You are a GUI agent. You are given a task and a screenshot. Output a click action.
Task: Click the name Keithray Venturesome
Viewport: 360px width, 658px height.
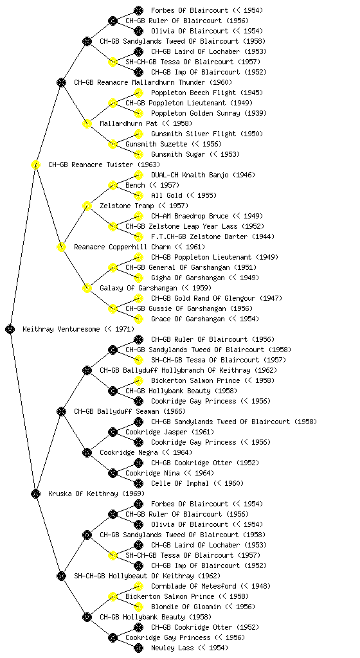(62, 330)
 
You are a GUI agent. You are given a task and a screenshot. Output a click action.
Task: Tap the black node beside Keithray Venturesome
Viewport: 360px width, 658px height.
(10, 330)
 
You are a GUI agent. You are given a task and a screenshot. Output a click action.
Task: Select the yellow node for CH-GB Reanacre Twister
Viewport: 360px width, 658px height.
(35, 164)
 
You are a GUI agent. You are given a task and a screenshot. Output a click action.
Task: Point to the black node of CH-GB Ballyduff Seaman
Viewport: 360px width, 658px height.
(61, 412)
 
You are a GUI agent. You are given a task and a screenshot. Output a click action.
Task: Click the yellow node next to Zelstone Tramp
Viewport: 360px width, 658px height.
(87, 206)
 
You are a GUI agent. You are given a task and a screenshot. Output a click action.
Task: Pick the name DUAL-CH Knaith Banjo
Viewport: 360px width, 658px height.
(190, 175)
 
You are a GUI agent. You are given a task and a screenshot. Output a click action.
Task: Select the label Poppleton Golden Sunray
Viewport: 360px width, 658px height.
(196, 113)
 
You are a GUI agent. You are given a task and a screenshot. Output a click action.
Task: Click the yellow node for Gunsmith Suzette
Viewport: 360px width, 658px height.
(113, 144)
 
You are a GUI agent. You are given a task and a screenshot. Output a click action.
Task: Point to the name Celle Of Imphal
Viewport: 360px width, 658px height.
(179, 483)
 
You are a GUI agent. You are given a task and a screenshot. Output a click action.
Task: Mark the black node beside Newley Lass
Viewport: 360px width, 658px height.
(138, 648)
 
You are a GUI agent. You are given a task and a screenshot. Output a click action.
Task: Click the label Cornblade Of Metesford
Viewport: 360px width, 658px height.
(194, 586)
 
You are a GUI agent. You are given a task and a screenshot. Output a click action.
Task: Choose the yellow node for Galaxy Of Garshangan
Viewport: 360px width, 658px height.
(87, 288)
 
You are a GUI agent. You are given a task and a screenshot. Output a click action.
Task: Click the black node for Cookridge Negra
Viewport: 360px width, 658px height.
(87, 453)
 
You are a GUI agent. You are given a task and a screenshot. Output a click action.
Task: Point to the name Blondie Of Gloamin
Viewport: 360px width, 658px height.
(186, 607)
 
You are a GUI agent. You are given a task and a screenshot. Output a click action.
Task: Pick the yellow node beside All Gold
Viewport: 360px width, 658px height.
(138, 195)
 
